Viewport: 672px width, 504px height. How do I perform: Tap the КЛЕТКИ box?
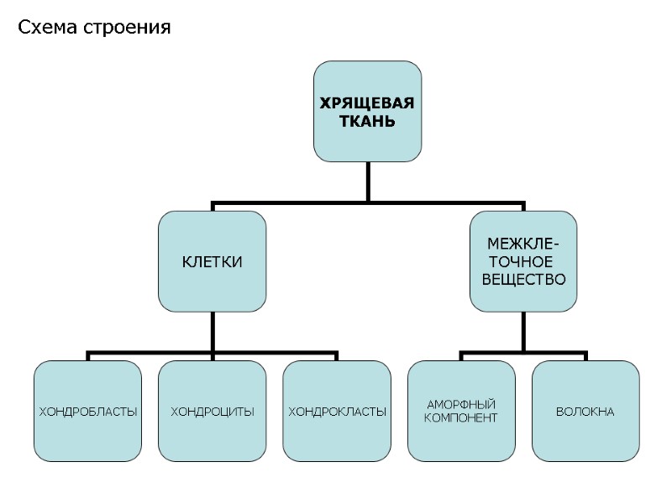click(213, 261)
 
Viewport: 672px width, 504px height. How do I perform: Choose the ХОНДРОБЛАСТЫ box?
click(88, 412)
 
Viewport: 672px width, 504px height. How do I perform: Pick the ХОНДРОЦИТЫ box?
click(213, 412)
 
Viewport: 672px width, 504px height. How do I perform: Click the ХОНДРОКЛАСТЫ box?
click(337, 412)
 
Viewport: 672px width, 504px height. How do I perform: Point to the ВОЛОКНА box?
click(585, 412)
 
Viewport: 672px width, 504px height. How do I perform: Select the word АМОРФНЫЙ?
click(461, 405)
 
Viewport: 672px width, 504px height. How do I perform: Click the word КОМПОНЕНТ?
click(461, 417)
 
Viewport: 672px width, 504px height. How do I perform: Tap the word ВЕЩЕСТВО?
click(523, 279)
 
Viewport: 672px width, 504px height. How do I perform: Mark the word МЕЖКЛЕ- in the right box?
click(523, 244)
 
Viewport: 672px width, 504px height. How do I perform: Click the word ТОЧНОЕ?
click(523, 261)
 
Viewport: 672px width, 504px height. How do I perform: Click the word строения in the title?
click(128, 28)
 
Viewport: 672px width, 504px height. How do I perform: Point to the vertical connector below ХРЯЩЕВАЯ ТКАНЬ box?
click(367, 181)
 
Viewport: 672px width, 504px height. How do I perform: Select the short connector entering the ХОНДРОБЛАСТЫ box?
click(88, 356)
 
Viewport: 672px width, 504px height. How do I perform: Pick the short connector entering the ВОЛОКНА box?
click(585, 356)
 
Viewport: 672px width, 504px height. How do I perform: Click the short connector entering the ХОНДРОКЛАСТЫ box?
click(337, 356)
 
